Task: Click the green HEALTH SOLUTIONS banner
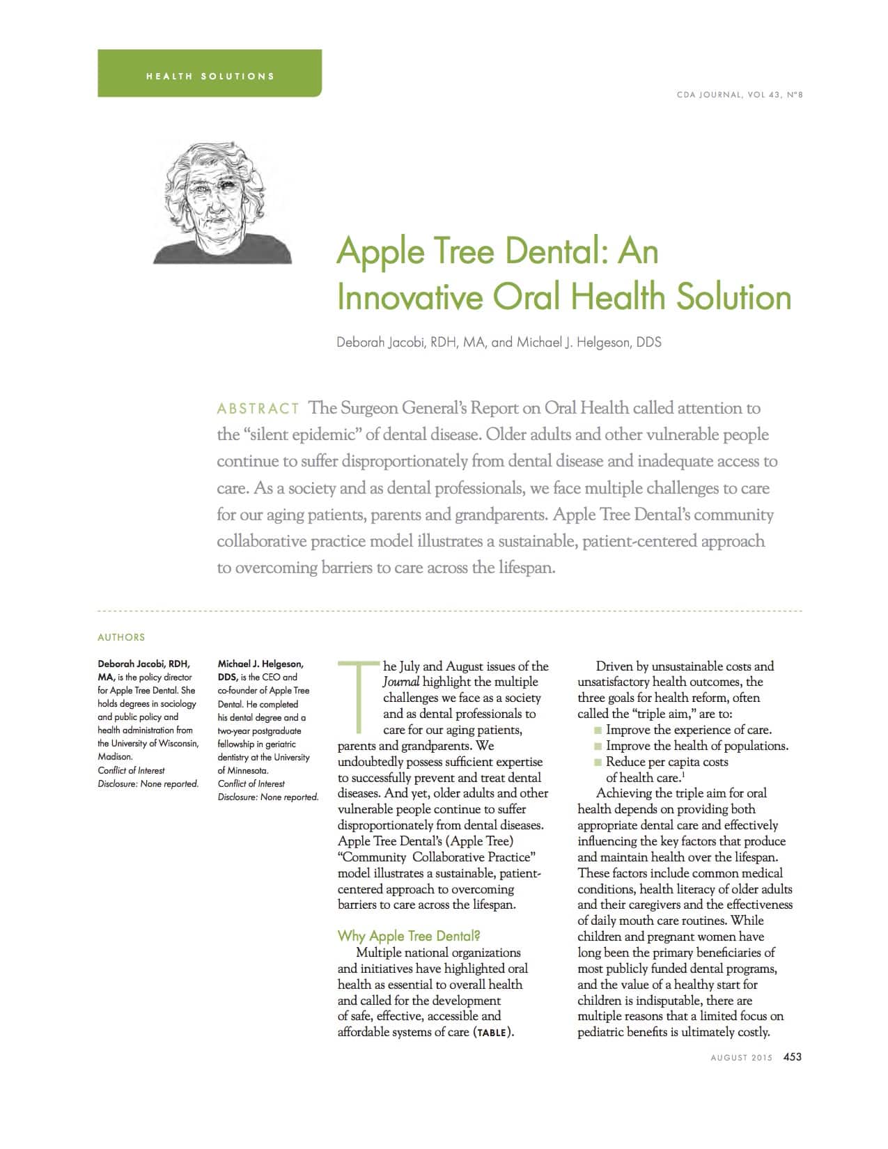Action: (x=210, y=74)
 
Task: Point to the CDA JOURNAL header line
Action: (x=740, y=95)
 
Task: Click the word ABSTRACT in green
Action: (x=258, y=408)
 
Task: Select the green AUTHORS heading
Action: (x=121, y=637)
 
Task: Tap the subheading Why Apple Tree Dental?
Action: (x=409, y=936)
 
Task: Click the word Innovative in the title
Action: (x=410, y=297)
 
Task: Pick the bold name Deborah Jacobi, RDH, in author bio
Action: (x=143, y=664)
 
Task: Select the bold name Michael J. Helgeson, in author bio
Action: (x=260, y=664)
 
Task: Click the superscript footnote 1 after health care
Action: (x=680, y=775)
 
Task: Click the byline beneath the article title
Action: (x=499, y=343)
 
